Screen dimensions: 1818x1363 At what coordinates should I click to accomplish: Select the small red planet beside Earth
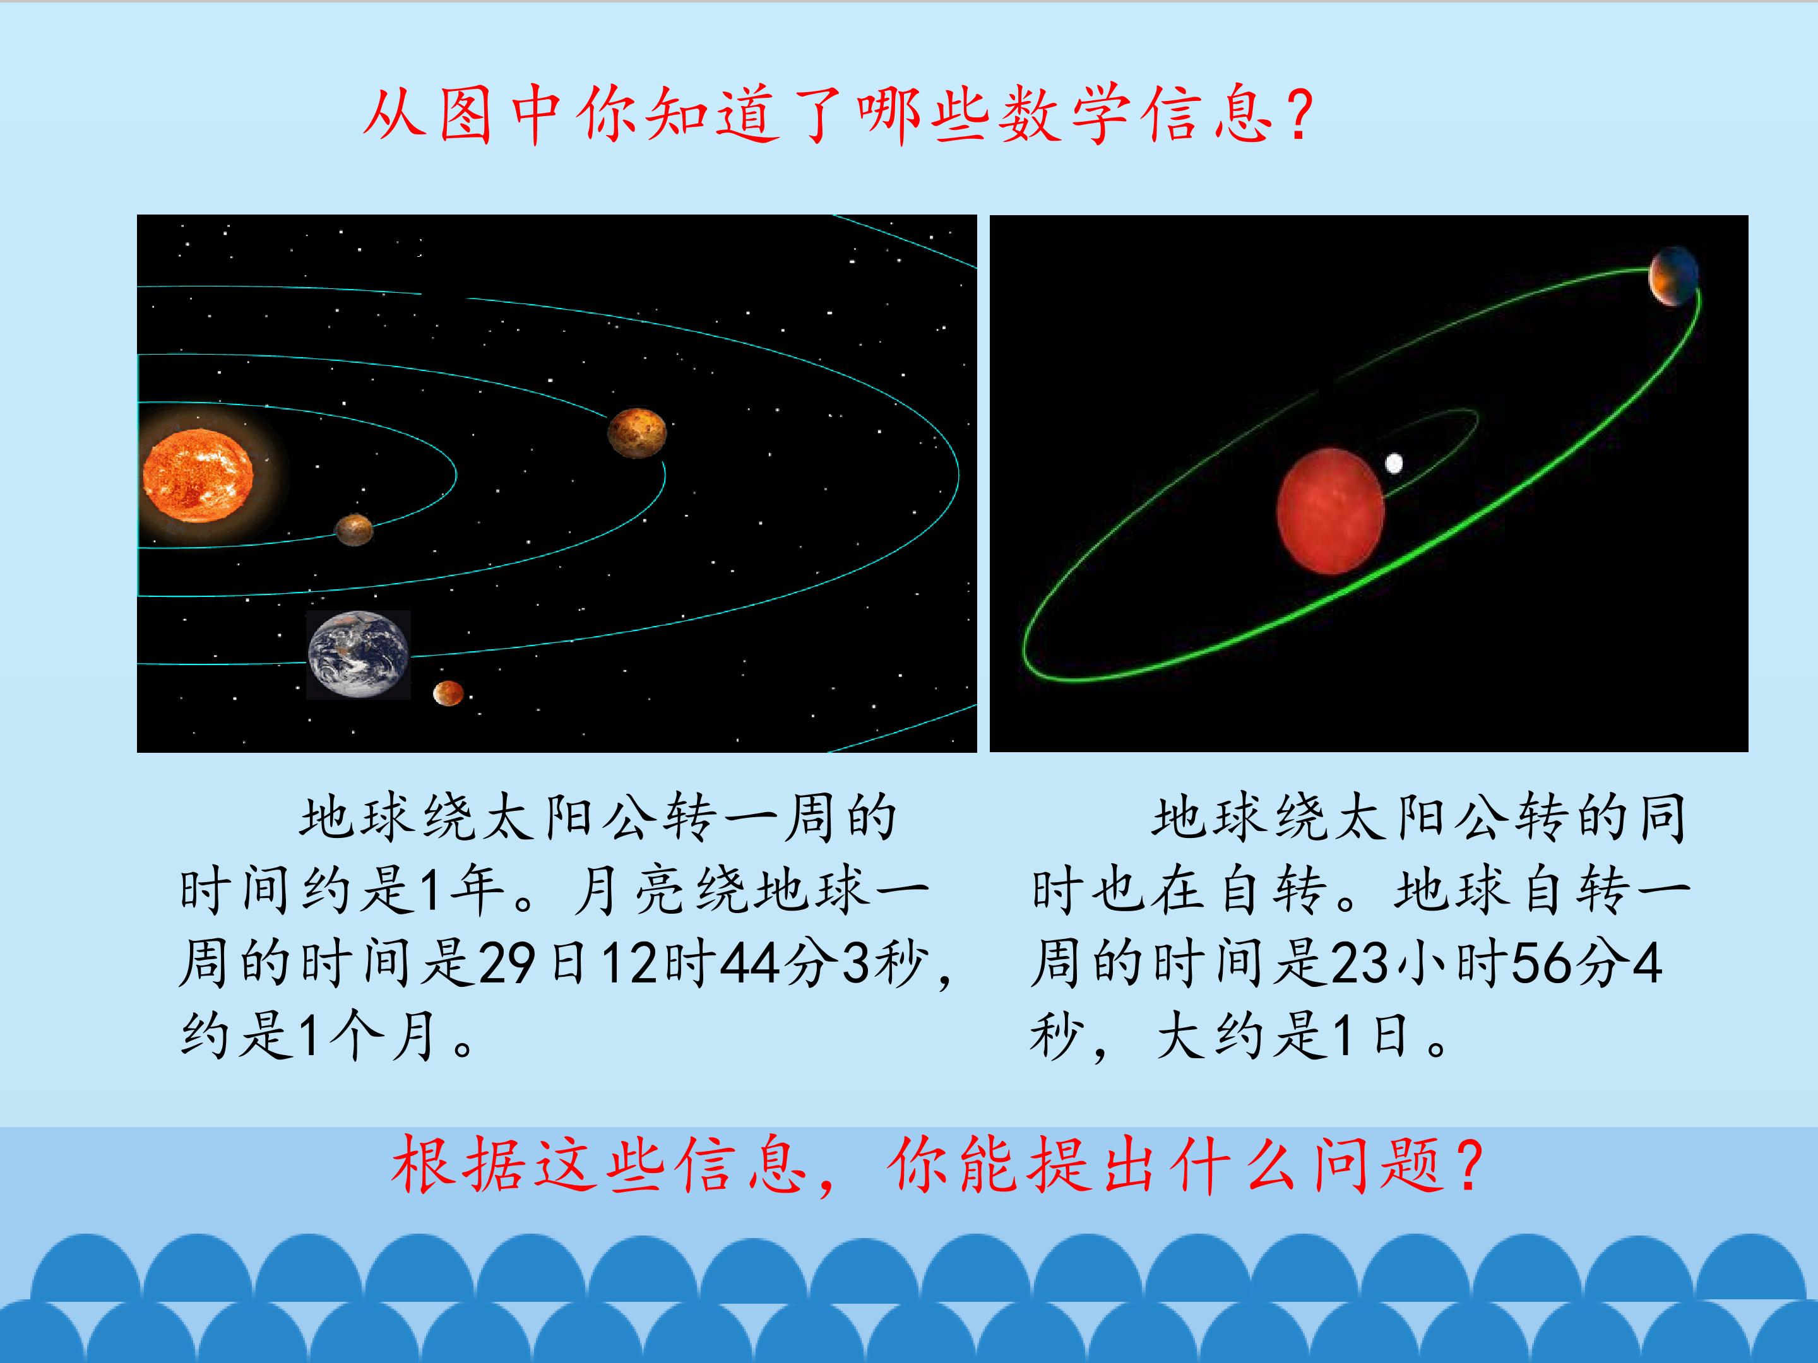click(x=448, y=693)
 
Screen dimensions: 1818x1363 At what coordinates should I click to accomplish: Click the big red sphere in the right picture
click(x=1331, y=510)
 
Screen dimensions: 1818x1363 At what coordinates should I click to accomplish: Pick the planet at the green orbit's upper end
click(x=1673, y=275)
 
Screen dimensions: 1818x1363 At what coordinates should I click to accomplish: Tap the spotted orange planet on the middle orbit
click(x=636, y=432)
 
